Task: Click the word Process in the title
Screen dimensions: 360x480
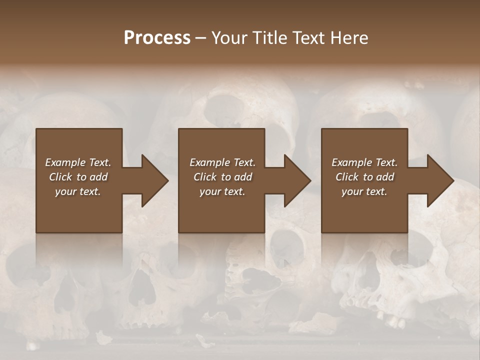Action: pos(157,38)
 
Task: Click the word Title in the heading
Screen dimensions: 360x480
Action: pos(267,38)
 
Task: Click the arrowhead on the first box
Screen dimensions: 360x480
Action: pos(153,180)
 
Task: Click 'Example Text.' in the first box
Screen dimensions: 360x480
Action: pos(78,162)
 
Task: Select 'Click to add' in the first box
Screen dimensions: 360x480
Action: pos(78,177)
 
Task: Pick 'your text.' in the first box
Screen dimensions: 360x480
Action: pos(78,191)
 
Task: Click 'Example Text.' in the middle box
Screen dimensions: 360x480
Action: pos(222,162)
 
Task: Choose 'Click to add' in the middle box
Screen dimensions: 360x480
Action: pos(222,177)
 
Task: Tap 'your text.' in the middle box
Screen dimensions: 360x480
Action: pos(222,191)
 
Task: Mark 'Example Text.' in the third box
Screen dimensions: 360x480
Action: pos(364,162)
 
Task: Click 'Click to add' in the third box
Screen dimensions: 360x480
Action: pos(364,177)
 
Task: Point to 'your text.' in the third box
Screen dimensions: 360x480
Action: pos(364,191)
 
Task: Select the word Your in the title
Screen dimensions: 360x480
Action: pos(229,38)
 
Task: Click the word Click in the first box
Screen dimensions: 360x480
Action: pos(60,177)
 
